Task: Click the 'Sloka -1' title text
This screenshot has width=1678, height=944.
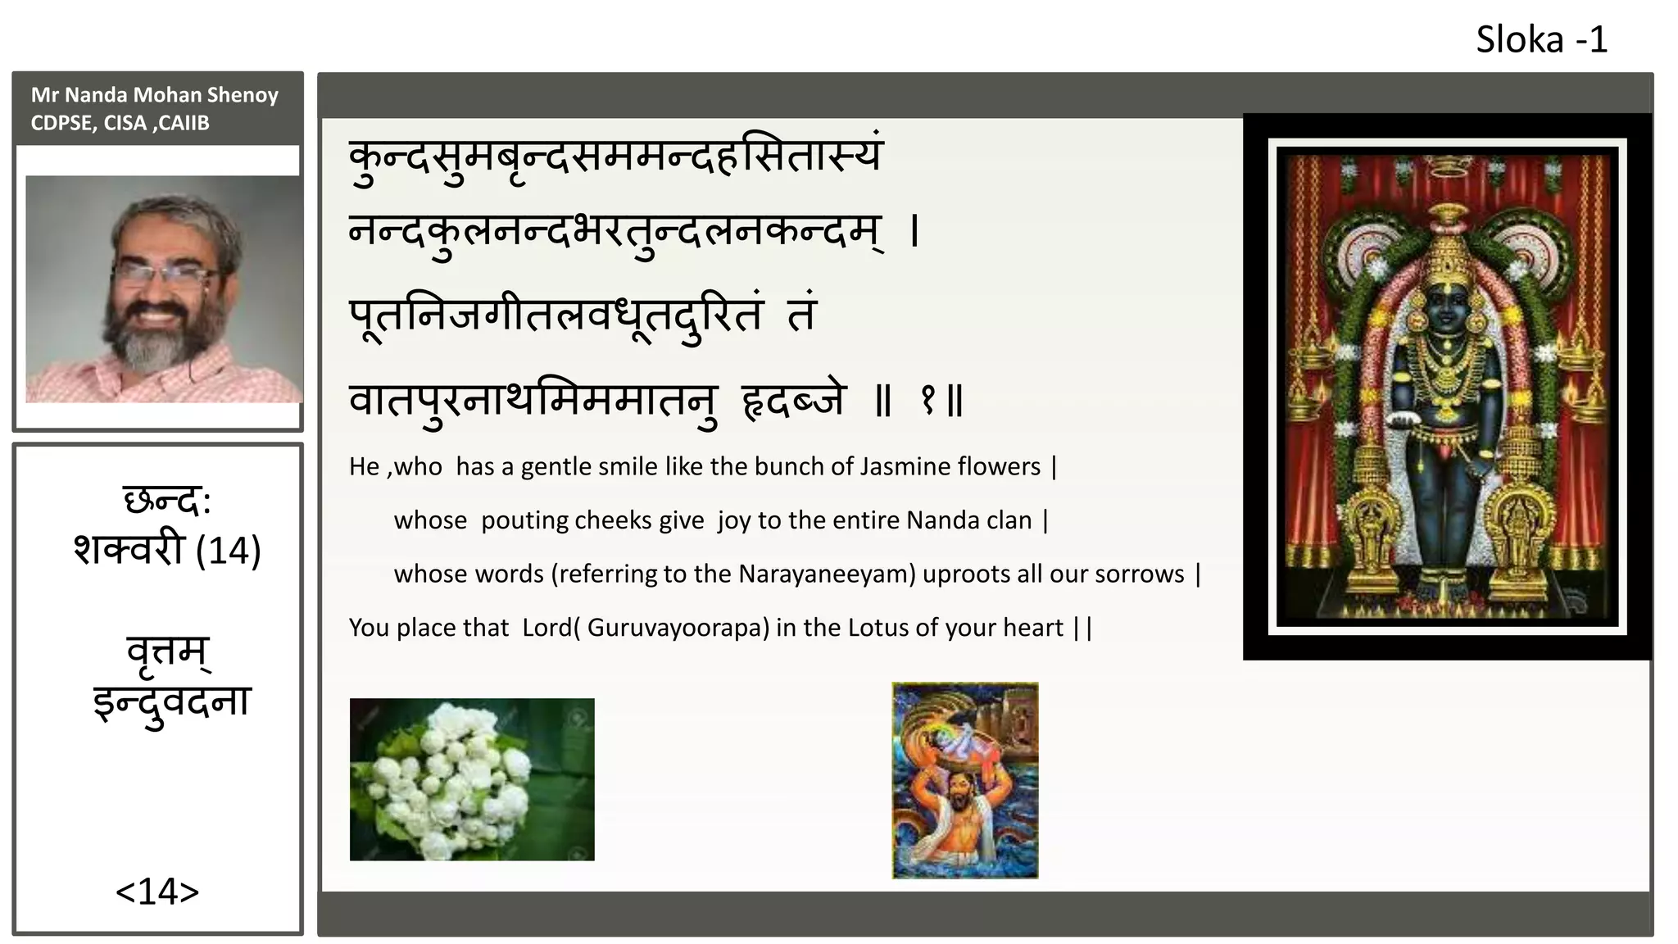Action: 1541,39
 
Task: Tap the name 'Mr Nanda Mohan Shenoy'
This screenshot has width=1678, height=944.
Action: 154,95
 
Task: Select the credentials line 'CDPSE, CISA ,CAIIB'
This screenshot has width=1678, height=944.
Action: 120,123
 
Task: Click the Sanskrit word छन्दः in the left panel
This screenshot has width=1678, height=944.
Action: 166,501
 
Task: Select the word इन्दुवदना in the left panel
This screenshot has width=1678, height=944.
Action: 171,703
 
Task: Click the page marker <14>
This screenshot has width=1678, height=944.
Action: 157,892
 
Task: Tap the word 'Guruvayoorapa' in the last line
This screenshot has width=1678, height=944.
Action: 678,628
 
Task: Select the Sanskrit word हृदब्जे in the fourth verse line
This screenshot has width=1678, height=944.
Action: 792,401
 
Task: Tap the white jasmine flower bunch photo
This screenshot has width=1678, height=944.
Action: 472,779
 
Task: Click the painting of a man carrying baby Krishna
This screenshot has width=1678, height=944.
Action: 964,780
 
